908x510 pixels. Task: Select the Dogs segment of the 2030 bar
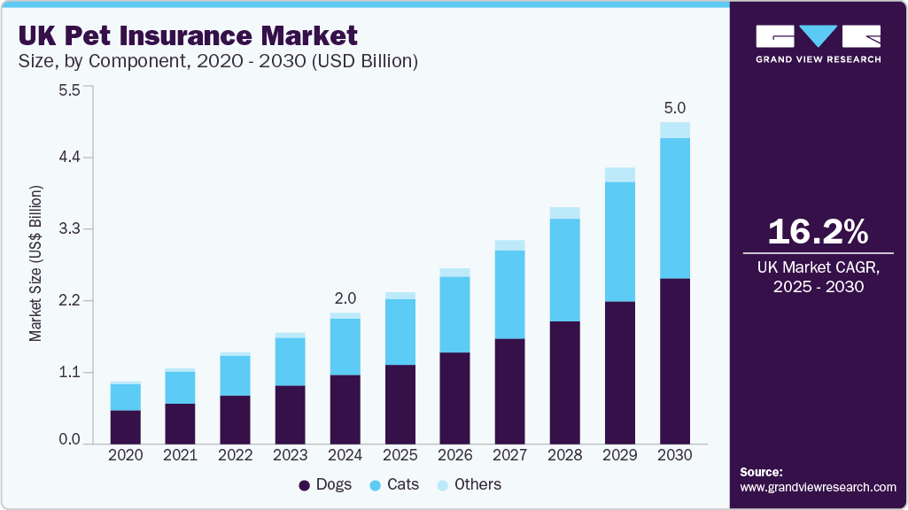pos(674,360)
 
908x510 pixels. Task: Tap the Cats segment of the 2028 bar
pos(564,269)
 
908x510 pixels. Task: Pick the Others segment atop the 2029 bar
pos(619,174)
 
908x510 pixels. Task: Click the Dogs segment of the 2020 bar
pos(125,426)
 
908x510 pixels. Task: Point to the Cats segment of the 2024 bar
pos(345,346)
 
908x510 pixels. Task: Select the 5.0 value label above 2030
pos(675,108)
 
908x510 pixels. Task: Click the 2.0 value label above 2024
pos(345,298)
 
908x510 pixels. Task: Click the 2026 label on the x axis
pos(454,455)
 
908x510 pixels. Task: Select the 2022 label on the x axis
pos(235,455)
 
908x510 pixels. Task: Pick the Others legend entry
pos(470,484)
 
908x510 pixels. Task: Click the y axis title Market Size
pos(35,264)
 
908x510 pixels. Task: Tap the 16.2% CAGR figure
pos(818,232)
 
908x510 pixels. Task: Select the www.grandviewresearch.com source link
pos(818,487)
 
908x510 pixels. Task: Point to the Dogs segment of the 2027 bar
pos(509,390)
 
